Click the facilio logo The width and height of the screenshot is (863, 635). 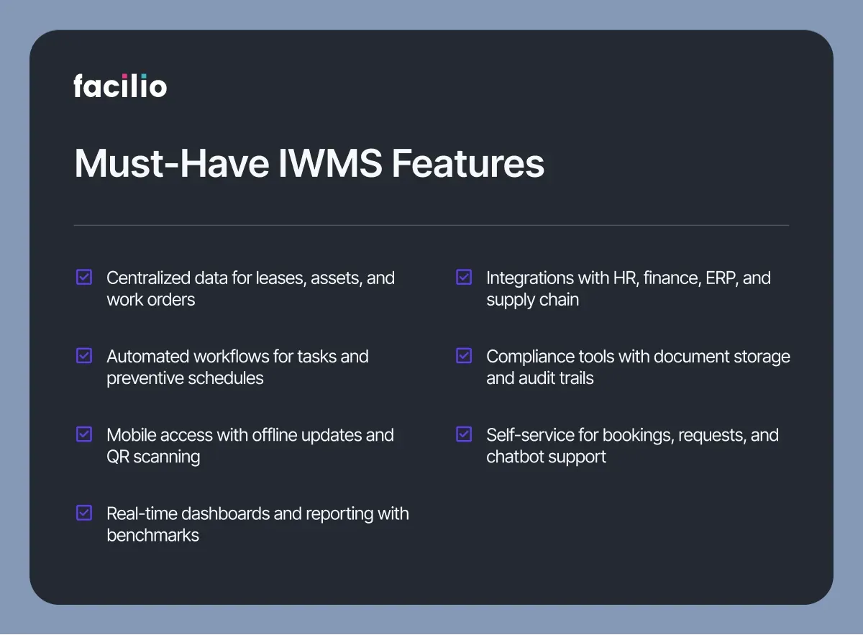pos(120,86)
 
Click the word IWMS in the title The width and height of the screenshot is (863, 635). pos(330,163)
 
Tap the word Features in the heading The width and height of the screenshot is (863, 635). pos(467,163)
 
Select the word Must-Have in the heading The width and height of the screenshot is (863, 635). pos(171,163)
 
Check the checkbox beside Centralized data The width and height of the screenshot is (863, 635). pos(84,277)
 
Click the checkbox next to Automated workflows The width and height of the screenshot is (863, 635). pos(84,356)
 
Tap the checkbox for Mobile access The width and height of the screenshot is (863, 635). pos(84,434)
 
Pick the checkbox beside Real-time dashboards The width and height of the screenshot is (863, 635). pos(84,513)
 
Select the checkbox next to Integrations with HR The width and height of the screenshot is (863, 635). pos(464,277)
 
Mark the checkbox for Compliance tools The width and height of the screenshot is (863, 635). pos(464,356)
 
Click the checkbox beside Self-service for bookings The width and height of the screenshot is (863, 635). pos(464,434)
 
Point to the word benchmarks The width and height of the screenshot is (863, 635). pos(153,535)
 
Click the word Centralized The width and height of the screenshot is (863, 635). pos(148,278)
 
